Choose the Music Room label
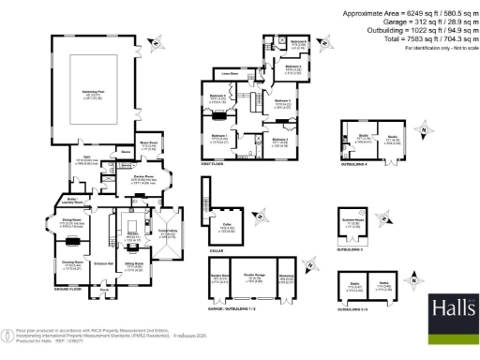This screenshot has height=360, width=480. tap(149, 144)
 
